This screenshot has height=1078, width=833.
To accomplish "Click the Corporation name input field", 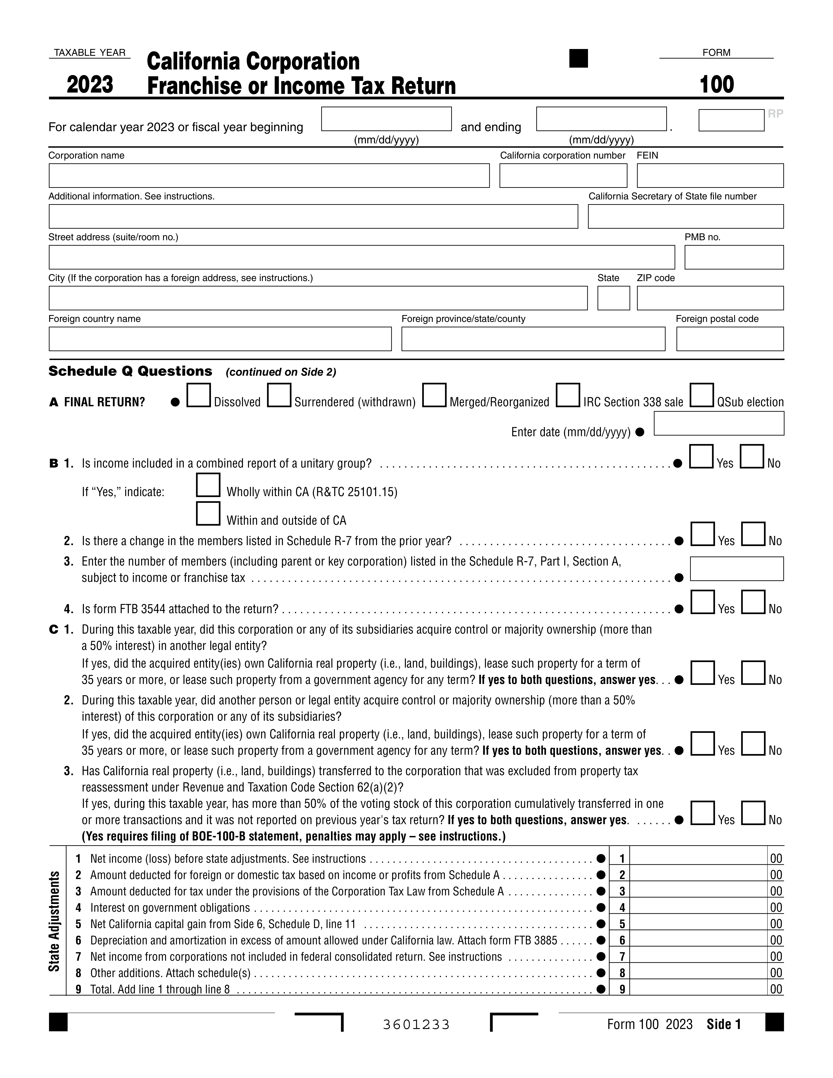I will (269, 176).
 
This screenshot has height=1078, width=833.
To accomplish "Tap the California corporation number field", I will (563, 176).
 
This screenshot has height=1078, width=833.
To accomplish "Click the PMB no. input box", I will (734, 257).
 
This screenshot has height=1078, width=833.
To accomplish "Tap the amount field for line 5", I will (698, 924).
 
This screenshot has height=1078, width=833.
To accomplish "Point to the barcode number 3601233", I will (416, 1025).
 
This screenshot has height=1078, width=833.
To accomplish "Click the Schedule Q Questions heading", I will (130, 371).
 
